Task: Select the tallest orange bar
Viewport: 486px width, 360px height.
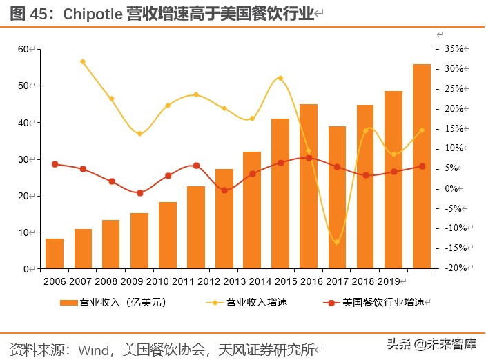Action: (x=421, y=166)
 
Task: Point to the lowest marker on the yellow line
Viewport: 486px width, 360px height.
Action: (x=337, y=242)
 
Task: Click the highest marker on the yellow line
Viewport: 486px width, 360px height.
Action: (x=83, y=61)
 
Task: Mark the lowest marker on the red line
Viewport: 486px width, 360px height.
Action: (x=139, y=193)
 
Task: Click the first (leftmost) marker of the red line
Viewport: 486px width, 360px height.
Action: (x=55, y=164)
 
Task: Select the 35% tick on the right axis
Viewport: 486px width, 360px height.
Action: (x=454, y=49)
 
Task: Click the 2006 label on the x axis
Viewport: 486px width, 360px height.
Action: (x=55, y=281)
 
